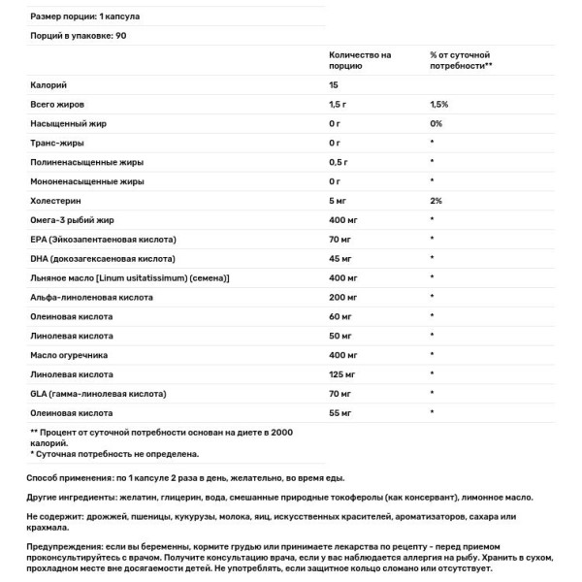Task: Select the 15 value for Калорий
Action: tap(335, 85)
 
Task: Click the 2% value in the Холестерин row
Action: tap(436, 200)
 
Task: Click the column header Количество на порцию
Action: tap(360, 61)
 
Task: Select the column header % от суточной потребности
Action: tap(462, 61)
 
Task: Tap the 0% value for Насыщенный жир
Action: tap(436, 123)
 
